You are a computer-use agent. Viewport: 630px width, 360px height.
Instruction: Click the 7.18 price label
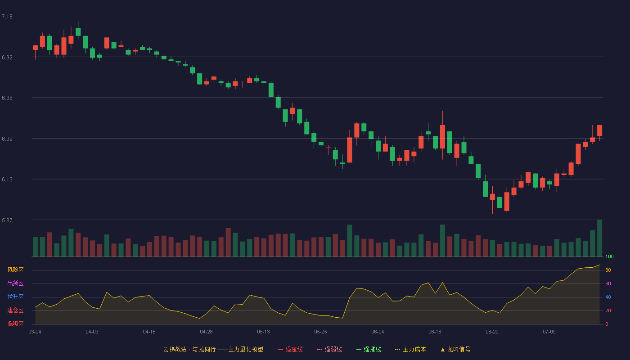tap(7, 17)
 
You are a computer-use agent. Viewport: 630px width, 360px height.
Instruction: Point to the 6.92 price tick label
tap(7, 58)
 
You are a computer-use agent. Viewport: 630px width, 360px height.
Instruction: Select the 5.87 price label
tap(7, 220)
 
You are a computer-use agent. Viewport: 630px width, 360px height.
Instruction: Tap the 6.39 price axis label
tap(7, 139)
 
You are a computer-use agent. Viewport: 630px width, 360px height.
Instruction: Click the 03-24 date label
tap(35, 332)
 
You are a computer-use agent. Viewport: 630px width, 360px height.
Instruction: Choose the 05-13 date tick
tap(263, 332)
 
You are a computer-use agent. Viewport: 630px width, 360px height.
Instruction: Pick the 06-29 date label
tap(492, 332)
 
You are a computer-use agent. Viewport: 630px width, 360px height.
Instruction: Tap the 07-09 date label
tap(549, 332)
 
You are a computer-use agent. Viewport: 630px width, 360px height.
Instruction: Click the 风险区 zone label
tap(15, 270)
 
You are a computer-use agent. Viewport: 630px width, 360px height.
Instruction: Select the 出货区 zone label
tap(15, 283)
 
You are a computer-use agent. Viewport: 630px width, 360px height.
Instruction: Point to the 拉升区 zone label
tap(15, 297)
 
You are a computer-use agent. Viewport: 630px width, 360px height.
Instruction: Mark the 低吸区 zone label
tap(15, 324)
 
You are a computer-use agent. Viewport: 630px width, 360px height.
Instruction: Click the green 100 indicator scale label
tap(609, 256)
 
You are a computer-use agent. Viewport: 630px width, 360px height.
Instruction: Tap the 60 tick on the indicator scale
tap(608, 283)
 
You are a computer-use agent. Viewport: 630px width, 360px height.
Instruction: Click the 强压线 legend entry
tap(290, 349)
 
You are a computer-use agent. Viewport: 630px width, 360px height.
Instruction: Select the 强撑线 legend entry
tap(369, 349)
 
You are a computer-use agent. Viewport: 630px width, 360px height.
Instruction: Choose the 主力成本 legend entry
tap(410, 349)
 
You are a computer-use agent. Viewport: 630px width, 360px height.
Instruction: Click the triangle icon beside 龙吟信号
tap(443, 350)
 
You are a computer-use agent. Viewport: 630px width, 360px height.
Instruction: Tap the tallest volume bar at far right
tap(599, 238)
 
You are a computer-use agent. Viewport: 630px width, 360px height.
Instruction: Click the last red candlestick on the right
tap(599, 130)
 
